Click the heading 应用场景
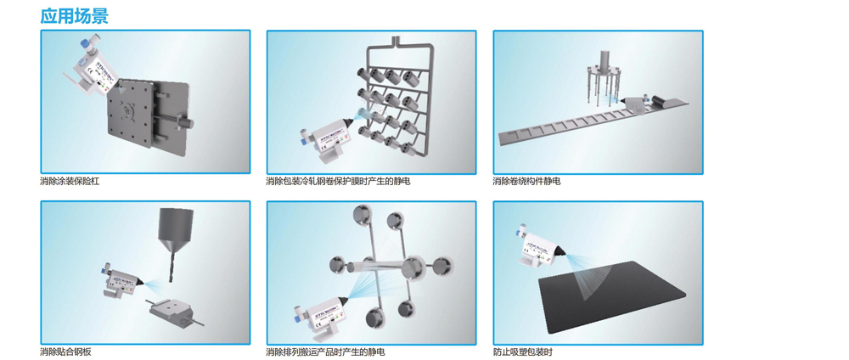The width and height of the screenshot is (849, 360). pos(74,15)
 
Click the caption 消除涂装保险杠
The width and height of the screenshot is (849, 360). pos(70,181)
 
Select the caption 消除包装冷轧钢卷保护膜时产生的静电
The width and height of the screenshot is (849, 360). pos(338,181)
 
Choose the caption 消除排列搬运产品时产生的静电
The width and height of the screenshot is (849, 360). pos(325,352)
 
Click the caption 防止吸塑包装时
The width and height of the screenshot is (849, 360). pos(522,352)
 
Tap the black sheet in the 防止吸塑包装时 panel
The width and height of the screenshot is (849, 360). pos(612,296)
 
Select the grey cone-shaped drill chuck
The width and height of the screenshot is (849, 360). pos(174,230)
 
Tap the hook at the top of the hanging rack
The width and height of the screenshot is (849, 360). pos(396,41)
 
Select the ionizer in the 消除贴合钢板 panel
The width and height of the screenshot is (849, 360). pos(121,281)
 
